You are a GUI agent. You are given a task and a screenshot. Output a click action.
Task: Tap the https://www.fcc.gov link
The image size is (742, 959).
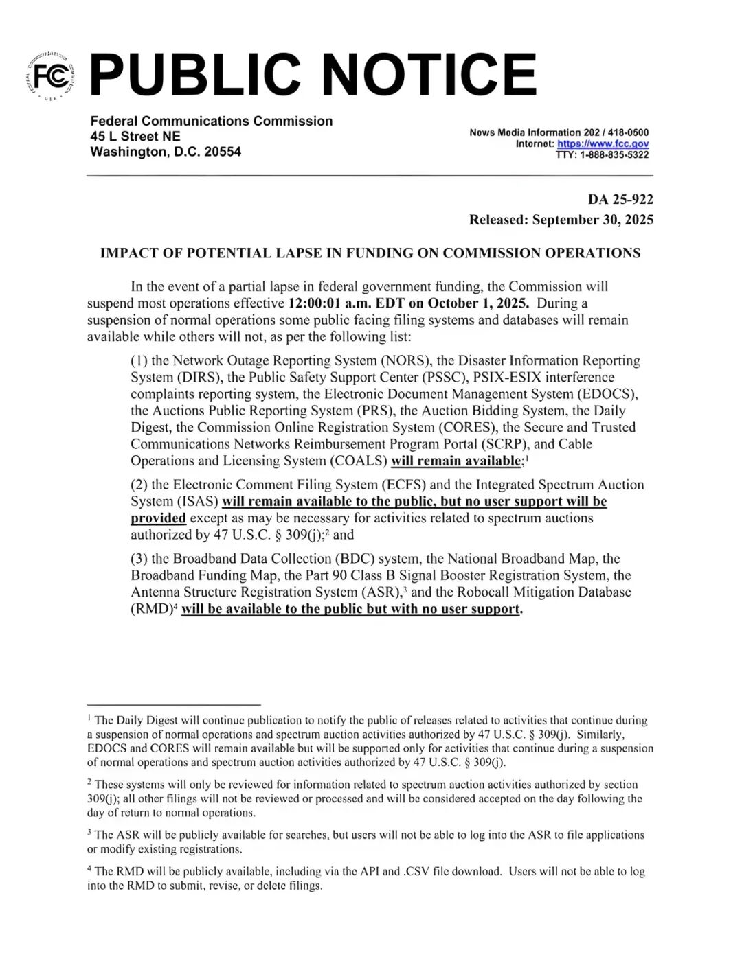coord(603,143)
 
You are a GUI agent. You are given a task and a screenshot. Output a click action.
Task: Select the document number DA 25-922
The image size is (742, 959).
coord(620,199)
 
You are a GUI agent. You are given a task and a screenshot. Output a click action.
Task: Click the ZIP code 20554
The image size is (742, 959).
coord(222,152)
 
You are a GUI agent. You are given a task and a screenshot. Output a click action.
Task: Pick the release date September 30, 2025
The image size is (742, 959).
coord(592,220)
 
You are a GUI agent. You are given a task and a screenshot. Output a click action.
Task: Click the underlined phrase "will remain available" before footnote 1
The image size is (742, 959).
coord(456,461)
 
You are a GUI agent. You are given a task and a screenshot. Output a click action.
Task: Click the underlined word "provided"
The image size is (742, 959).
coord(158,518)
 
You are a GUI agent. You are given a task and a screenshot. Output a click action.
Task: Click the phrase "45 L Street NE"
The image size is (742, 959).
coord(135,136)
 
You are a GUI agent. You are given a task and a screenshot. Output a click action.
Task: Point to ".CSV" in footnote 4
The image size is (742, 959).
coord(418,871)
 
